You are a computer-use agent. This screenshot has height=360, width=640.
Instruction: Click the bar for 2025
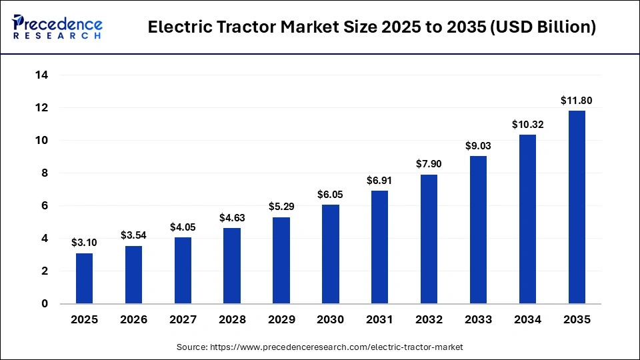(x=85, y=278)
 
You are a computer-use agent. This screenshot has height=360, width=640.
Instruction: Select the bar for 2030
(x=331, y=254)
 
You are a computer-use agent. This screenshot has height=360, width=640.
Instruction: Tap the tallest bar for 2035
(x=577, y=207)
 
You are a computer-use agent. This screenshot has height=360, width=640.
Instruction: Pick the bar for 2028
(x=232, y=265)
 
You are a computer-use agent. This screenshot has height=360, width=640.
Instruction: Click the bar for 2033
(x=478, y=229)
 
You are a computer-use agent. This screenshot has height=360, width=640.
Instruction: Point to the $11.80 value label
(x=577, y=101)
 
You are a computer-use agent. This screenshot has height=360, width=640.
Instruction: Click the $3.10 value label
(x=85, y=243)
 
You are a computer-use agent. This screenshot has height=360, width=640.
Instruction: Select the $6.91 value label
(x=380, y=181)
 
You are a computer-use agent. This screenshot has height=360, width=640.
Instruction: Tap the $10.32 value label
(x=527, y=125)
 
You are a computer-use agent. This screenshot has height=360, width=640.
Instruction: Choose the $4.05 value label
(x=183, y=227)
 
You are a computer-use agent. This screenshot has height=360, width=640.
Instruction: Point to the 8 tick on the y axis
(x=45, y=173)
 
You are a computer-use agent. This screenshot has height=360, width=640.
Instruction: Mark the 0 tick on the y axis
(x=45, y=304)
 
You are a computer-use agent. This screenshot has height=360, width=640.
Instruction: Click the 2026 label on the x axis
(x=133, y=320)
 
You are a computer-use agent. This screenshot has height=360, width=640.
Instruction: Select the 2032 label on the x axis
(x=429, y=320)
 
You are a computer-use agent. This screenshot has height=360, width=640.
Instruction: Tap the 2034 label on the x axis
(x=527, y=320)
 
